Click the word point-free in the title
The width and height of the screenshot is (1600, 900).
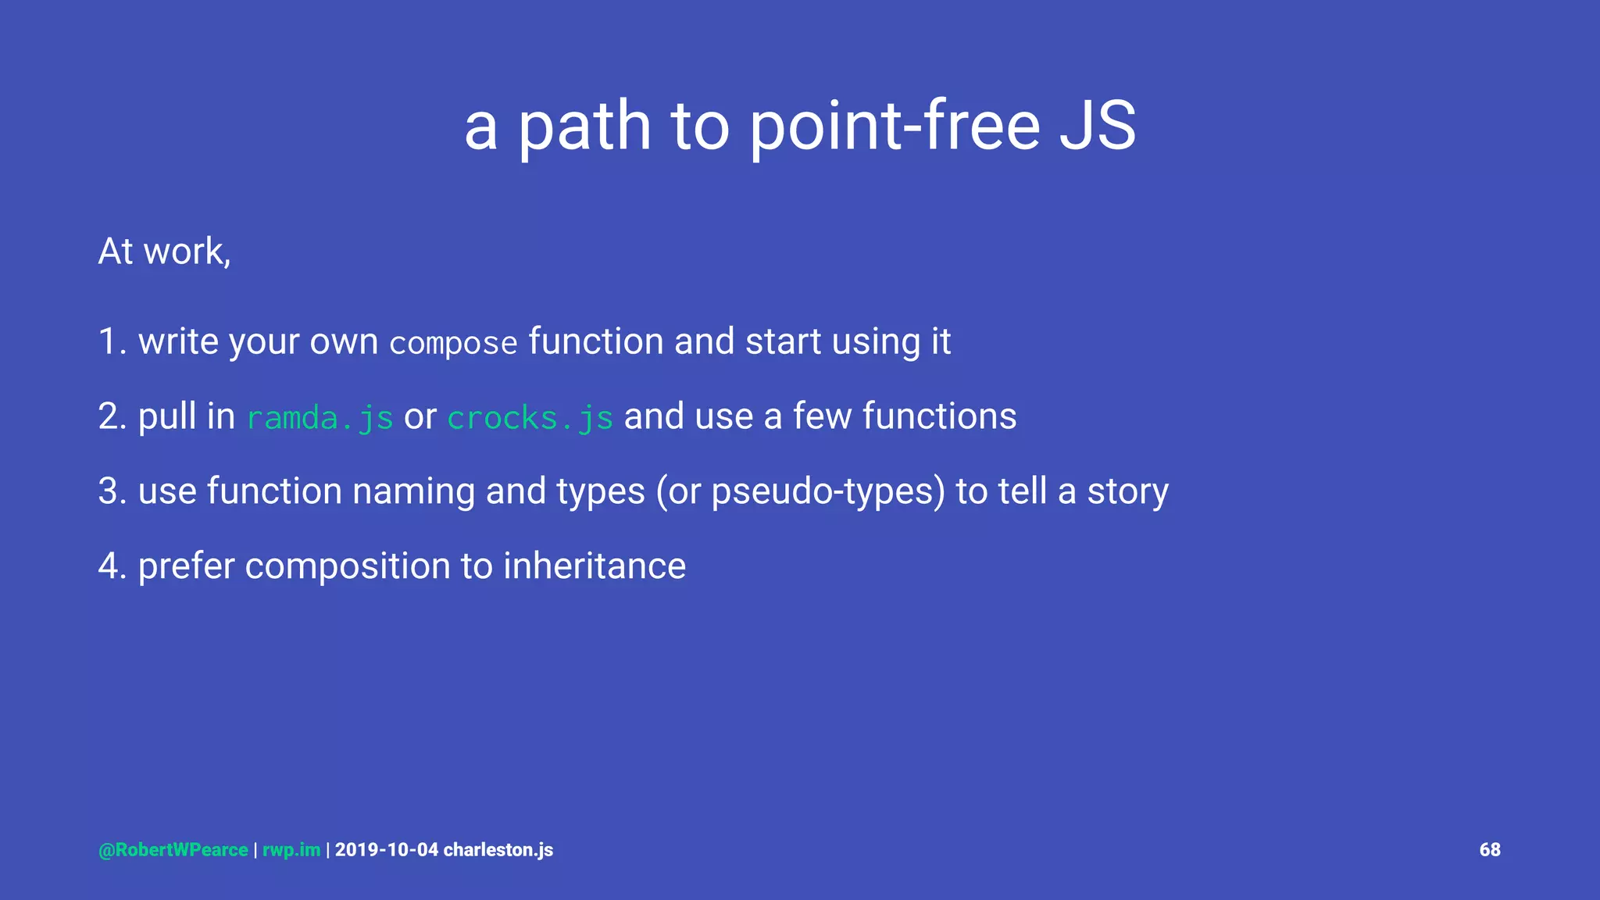(x=895, y=127)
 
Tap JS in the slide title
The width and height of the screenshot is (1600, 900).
(x=1098, y=127)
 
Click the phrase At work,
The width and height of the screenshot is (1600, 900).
(x=164, y=252)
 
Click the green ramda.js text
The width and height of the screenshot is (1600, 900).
(x=320, y=418)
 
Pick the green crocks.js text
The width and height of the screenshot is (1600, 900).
(x=530, y=418)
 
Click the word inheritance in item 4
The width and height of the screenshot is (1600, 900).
(x=594, y=566)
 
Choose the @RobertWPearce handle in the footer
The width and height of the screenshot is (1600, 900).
(x=173, y=850)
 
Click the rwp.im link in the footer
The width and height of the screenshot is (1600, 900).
(x=291, y=850)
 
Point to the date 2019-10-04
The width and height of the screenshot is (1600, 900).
(x=387, y=850)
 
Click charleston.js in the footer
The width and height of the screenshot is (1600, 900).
(x=498, y=850)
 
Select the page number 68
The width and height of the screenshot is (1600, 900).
(x=1489, y=850)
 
